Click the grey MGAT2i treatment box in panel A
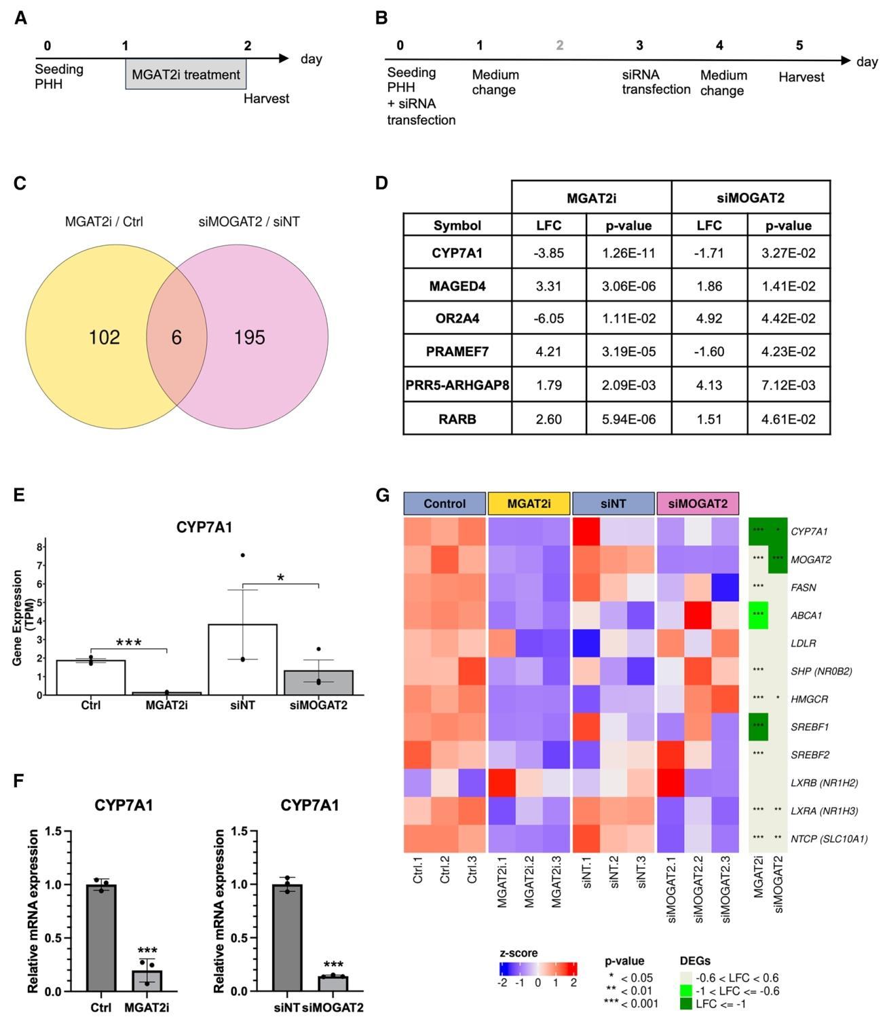185,74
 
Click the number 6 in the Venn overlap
176,338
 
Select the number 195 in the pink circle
249,338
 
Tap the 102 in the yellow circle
104,338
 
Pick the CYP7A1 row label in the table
457,253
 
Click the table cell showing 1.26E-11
628,253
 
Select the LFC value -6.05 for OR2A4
548,319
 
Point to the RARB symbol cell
457,419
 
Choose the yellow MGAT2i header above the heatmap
529,503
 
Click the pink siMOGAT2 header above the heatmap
698,503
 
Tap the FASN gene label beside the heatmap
804,587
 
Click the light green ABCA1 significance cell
758,615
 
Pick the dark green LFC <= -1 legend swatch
688,1003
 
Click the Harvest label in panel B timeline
801,77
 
